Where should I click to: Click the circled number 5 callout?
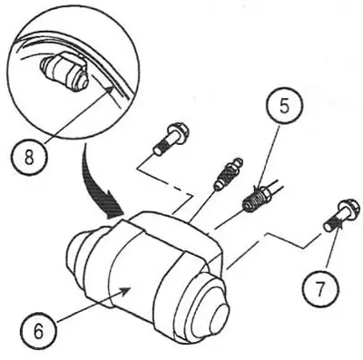[284, 105]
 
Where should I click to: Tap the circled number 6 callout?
[39, 330]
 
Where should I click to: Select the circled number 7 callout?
[320, 286]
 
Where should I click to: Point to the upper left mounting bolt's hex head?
[178, 131]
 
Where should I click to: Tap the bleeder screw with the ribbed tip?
[229, 174]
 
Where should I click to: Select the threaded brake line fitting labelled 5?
[257, 198]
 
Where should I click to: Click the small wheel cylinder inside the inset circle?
[64, 72]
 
